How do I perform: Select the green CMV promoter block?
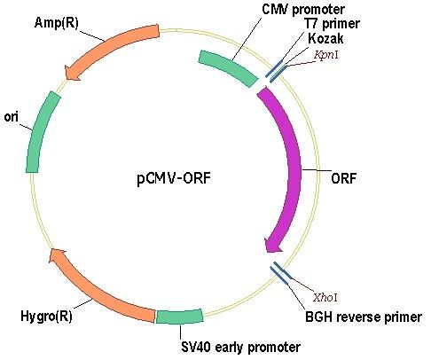228,68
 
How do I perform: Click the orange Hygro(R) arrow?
98,290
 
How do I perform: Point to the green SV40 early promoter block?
179,317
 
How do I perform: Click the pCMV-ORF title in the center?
174,178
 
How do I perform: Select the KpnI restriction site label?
325,55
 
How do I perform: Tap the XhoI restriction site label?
325,297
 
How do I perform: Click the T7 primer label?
332,24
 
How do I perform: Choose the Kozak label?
325,38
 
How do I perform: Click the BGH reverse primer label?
364,317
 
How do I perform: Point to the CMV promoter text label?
303,9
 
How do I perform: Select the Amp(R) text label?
57,22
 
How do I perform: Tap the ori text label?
11,117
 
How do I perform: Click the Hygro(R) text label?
46,316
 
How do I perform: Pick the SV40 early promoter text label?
240,347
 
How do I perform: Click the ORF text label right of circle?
343,178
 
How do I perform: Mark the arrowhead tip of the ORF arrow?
267,252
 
